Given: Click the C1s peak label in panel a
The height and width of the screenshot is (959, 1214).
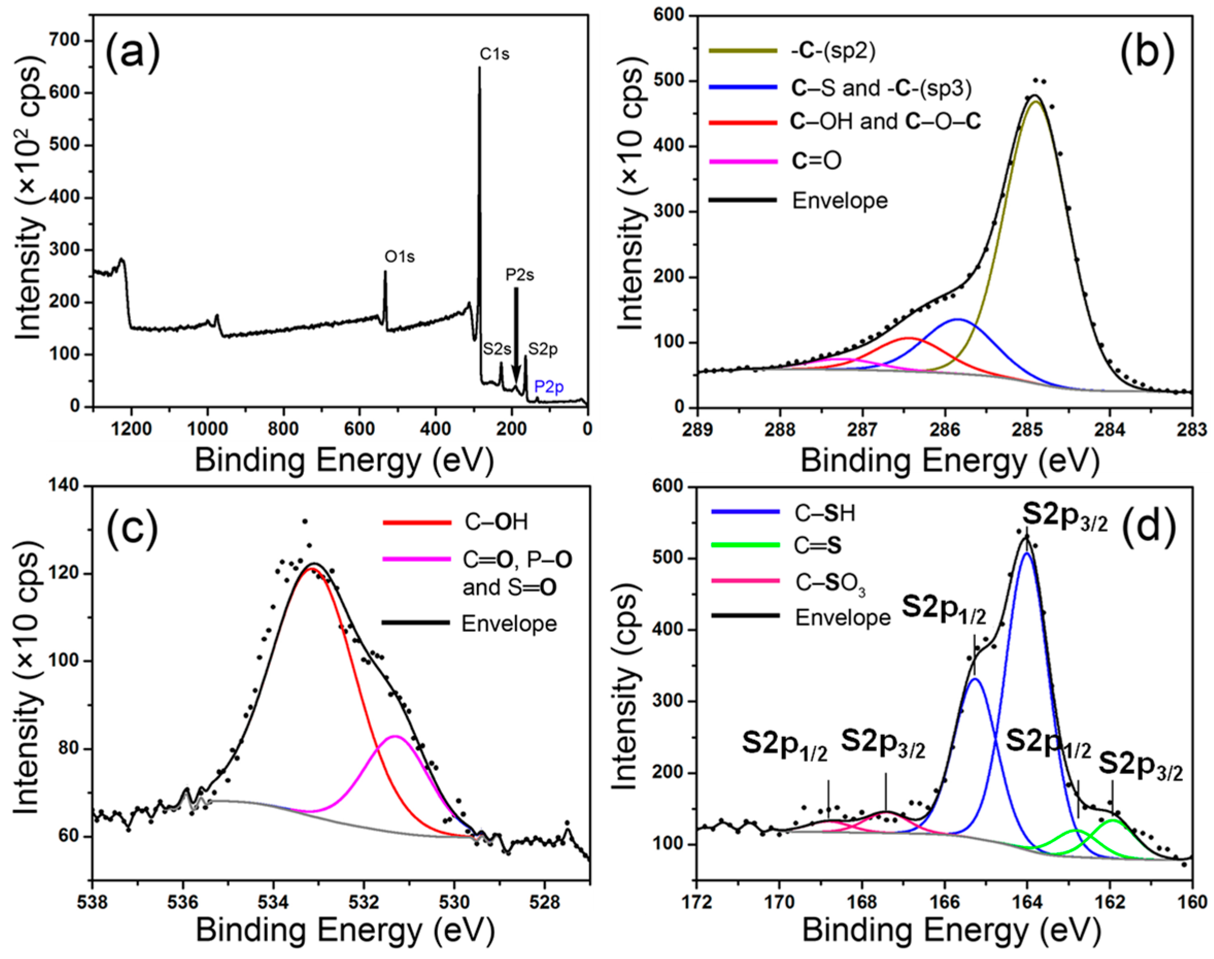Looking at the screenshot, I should point(494,55).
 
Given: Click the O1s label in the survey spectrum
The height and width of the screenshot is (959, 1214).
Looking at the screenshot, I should point(399,257).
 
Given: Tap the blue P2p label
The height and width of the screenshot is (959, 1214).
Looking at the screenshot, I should point(549,387).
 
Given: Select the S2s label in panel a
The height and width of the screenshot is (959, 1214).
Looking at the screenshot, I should point(497,349).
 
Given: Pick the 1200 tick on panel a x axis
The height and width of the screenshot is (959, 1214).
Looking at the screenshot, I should point(131,429).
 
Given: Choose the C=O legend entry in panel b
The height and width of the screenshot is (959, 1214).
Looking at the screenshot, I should point(816,161).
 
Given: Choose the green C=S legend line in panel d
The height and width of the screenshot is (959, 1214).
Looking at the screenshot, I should point(745,545).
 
